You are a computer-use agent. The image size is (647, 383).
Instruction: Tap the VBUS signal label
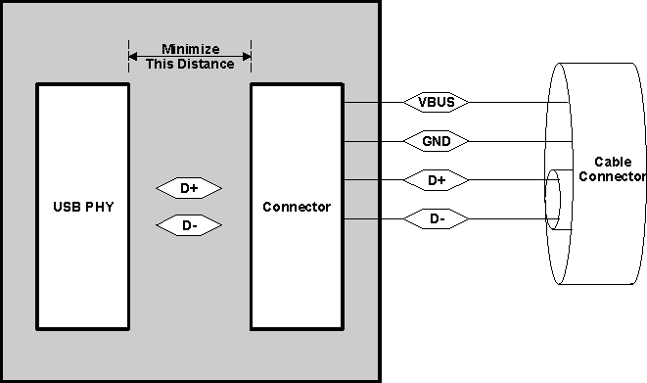point(437,102)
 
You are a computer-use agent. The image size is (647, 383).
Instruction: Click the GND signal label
point(437,141)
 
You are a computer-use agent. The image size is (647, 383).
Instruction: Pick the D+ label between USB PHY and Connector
point(189,187)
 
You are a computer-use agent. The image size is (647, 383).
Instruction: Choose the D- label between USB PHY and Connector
point(189,226)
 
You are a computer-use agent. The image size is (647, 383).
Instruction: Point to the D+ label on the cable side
point(437,180)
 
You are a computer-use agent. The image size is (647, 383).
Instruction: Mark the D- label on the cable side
point(437,219)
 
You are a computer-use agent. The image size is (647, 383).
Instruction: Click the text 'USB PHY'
point(82,208)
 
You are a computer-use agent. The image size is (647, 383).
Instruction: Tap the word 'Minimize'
point(189,50)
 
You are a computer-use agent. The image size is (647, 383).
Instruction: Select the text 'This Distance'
point(189,65)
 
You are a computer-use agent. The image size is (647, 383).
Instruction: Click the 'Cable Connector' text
point(611,169)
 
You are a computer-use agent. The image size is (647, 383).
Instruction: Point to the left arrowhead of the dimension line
point(132,56)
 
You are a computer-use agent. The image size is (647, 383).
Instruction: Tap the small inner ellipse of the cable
point(553,200)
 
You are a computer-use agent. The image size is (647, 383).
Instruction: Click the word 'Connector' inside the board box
point(296,208)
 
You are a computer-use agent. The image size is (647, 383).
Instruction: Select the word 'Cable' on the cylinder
point(611,162)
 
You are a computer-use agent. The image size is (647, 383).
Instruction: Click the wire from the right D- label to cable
point(509,219)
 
